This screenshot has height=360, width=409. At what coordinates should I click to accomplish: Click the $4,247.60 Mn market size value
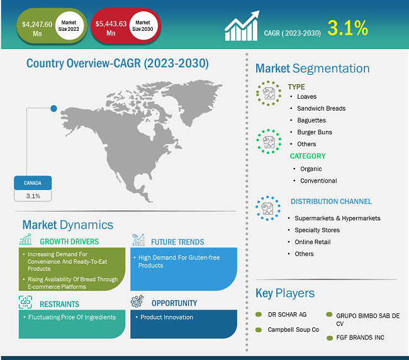click(x=37, y=29)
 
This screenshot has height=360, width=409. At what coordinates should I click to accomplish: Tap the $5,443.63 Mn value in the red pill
click(x=111, y=28)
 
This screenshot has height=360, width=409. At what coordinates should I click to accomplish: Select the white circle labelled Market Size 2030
click(x=143, y=26)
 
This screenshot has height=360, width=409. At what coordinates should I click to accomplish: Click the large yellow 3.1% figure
click(x=348, y=28)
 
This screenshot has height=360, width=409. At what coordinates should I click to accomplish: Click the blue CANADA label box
click(x=33, y=183)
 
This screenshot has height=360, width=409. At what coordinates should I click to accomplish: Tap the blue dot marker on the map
click(x=53, y=108)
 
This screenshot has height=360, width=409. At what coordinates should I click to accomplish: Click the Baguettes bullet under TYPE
click(x=311, y=120)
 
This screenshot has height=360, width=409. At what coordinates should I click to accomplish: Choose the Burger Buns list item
click(x=315, y=132)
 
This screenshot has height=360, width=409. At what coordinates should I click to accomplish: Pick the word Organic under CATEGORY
click(x=311, y=169)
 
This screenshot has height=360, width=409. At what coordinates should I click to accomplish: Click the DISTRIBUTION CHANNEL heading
click(x=331, y=201)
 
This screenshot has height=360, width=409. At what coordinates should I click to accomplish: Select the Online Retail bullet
click(x=313, y=242)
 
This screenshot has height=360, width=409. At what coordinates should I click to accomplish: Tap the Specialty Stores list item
click(x=317, y=230)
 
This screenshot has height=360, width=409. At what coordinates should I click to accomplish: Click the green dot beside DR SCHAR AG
click(x=259, y=314)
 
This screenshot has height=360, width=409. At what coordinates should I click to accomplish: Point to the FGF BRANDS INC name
click(x=360, y=337)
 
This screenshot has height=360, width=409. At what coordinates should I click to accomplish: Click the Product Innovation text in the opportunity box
click(x=167, y=317)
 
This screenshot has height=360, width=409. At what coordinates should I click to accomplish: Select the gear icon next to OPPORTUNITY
click(x=137, y=301)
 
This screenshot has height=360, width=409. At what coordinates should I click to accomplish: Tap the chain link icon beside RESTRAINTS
click(x=25, y=302)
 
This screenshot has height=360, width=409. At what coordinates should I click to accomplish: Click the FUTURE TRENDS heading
click(x=177, y=242)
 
